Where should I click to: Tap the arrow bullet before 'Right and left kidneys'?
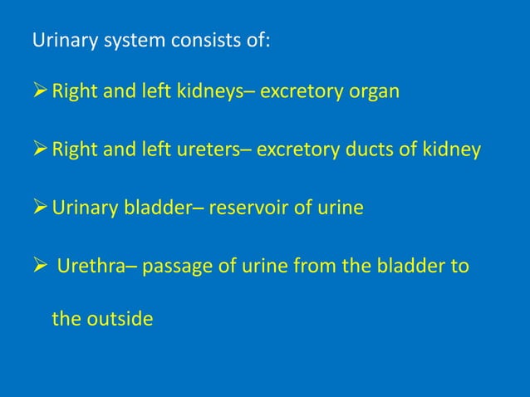40,91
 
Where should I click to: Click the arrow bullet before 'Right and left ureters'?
40,149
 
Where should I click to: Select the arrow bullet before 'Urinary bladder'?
40,208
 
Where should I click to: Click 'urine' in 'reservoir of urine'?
339,208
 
